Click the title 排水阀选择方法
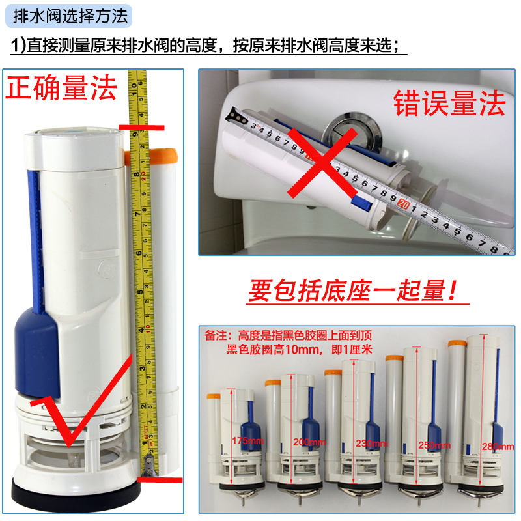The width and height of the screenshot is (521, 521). (x=70, y=16)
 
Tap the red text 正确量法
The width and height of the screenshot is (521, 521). (x=61, y=88)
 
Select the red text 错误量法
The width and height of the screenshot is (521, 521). (x=449, y=104)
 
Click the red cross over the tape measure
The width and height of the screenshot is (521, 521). (x=322, y=163)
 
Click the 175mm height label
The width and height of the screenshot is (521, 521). (x=248, y=441)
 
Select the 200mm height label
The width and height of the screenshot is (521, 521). (x=309, y=442)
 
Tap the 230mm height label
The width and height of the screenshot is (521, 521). (x=372, y=444)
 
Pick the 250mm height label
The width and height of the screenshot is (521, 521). (x=434, y=445)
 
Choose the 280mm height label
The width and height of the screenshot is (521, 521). (x=498, y=447)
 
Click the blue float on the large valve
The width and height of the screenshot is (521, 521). (x=36, y=352)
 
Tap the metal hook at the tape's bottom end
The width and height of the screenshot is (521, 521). (x=150, y=465)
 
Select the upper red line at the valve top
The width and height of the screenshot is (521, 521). (x=141, y=128)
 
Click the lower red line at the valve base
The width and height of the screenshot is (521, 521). (x=160, y=480)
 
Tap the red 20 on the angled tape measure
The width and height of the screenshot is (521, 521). (x=403, y=203)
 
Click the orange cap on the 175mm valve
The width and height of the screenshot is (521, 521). (x=214, y=396)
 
